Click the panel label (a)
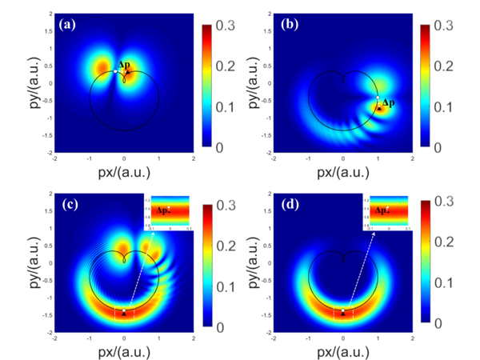69,24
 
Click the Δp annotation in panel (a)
125,64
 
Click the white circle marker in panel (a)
116,72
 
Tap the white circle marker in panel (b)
378,98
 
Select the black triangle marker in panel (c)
124,314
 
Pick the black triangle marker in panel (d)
343,314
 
